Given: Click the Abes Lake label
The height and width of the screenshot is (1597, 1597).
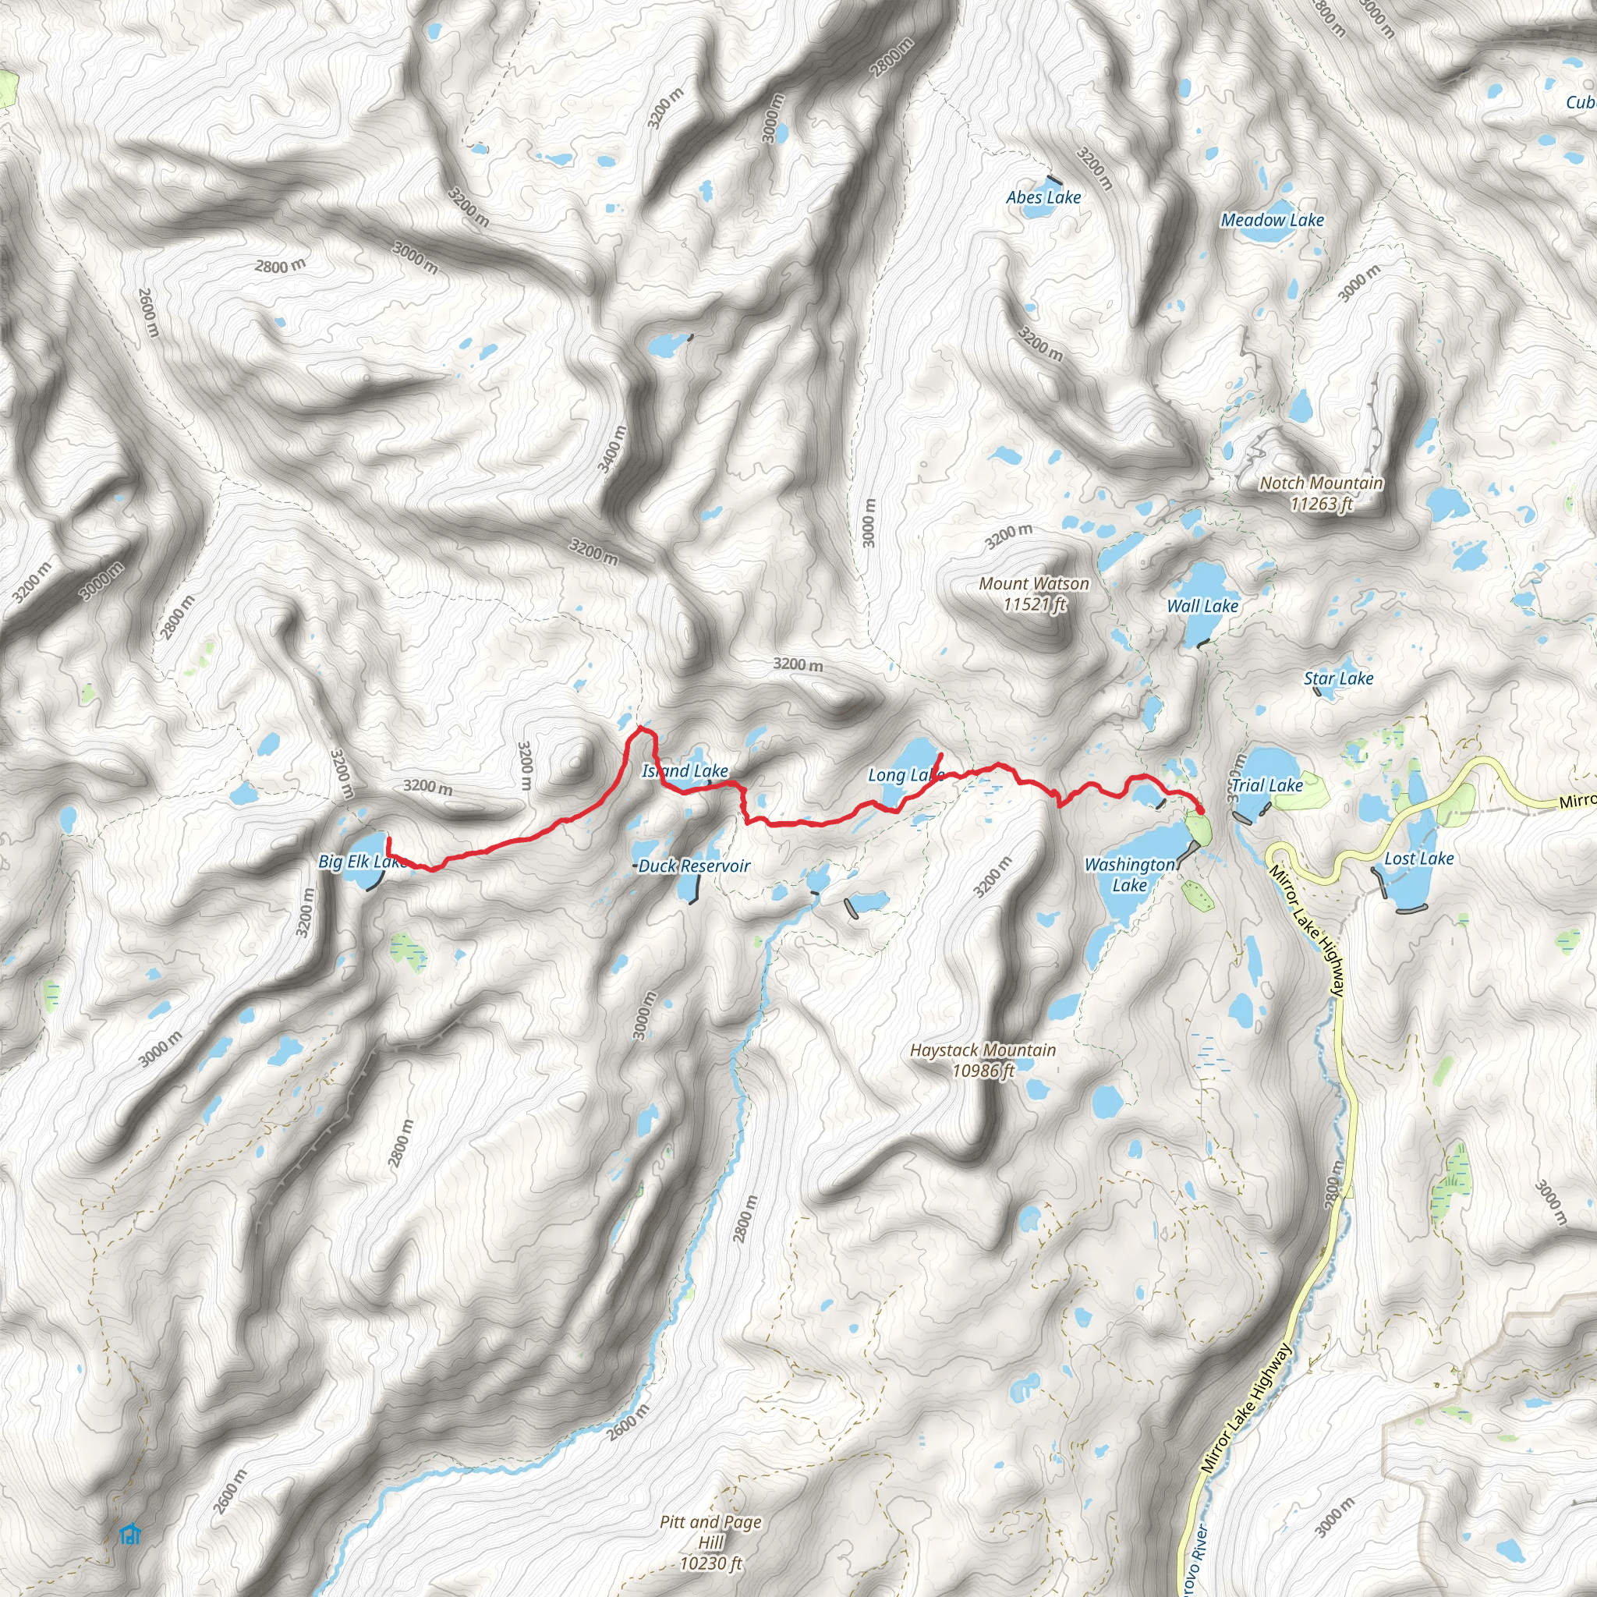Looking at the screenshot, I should click(1043, 197).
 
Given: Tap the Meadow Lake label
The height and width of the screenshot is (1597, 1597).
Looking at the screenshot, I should click(1272, 220).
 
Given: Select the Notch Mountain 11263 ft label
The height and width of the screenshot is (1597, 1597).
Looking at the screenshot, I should click(1321, 493).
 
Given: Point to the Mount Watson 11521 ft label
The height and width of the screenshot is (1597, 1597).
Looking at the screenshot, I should click(1034, 593).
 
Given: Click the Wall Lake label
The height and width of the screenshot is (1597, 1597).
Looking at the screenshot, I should click(1202, 606).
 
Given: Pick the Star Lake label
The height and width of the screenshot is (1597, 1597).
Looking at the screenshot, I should click(1338, 678).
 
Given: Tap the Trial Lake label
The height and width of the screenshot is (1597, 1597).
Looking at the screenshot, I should click(1266, 785).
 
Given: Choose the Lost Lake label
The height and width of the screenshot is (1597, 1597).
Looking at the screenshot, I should click(1418, 859).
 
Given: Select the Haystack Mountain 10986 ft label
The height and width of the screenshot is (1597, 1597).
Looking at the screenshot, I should click(983, 1060).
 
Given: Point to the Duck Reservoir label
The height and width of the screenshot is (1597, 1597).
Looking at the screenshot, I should click(694, 866).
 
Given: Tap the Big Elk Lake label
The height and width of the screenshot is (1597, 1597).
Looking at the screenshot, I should click(361, 862).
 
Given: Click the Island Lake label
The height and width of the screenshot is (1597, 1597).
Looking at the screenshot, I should click(685, 771).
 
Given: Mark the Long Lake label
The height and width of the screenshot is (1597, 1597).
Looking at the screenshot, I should click(905, 775).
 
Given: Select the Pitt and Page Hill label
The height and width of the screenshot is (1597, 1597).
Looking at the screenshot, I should click(711, 1542).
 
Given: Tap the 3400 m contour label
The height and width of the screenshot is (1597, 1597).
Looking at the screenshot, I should click(612, 449).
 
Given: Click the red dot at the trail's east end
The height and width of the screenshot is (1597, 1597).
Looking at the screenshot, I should click(1199, 808).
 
